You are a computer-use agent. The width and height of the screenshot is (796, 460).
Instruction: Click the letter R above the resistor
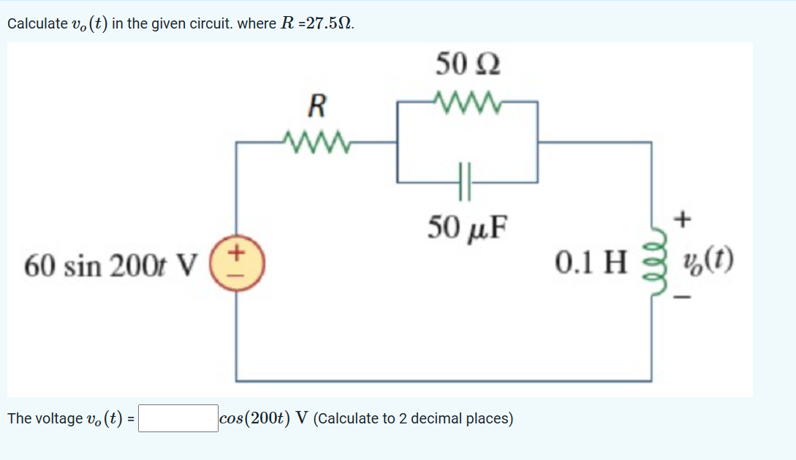[316, 108]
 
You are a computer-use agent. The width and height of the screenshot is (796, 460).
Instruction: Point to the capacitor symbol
[467, 181]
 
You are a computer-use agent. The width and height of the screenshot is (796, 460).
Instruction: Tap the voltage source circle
[238, 262]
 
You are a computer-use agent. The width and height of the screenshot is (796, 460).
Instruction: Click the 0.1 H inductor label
[591, 261]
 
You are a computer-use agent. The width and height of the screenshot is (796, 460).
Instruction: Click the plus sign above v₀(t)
[683, 218]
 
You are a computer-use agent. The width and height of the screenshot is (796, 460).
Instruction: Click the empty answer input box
[178, 419]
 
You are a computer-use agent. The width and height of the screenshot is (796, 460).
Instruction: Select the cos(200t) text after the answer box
[255, 419]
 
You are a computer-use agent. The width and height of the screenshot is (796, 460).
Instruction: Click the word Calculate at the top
[36, 23]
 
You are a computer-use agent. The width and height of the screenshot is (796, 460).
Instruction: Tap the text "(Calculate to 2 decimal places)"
[415, 419]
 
